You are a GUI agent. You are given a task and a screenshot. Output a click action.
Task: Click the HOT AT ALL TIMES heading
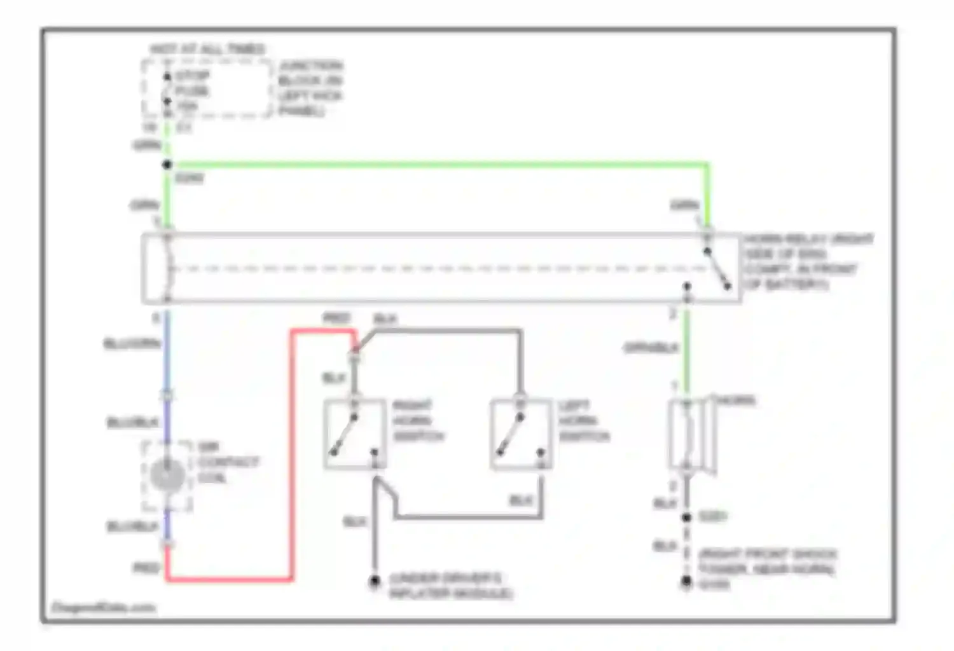(x=207, y=49)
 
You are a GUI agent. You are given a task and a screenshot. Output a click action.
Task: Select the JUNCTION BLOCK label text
(x=310, y=88)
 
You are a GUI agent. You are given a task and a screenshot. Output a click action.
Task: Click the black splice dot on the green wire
(x=167, y=165)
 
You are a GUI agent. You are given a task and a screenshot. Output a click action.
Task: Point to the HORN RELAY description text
(x=808, y=261)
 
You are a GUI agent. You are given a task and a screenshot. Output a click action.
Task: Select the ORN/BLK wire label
(x=651, y=348)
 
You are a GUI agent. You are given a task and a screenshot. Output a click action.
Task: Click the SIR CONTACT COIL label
(x=227, y=462)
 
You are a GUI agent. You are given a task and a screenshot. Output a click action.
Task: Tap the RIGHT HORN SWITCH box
(x=355, y=435)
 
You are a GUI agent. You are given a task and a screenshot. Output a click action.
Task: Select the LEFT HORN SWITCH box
(x=521, y=435)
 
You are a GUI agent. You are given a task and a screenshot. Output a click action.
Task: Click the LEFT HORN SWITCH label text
(x=584, y=421)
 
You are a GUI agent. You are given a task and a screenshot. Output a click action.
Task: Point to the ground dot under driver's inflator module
(x=375, y=580)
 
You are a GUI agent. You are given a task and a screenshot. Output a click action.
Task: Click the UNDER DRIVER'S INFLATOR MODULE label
(x=450, y=586)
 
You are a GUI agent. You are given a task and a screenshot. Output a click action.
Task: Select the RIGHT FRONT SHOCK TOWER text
(x=767, y=562)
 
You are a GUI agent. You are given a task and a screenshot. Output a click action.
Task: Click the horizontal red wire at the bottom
(x=229, y=579)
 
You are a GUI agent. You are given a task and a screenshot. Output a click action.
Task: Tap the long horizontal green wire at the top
(x=439, y=165)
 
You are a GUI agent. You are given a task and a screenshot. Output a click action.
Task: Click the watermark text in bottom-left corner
(x=103, y=608)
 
